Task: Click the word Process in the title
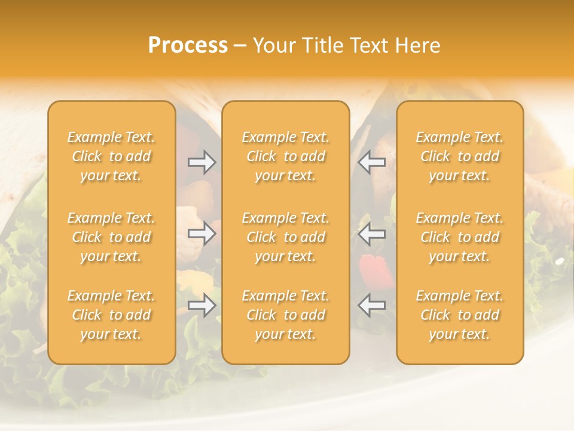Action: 188,45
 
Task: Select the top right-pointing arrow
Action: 202,162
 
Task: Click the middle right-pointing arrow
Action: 202,233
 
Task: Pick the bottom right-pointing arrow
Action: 202,306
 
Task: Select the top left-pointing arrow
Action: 371,162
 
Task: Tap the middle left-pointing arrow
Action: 371,233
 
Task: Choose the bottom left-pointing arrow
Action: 371,306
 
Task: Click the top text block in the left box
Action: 111,156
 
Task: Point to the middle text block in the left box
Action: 111,237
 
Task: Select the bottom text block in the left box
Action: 111,315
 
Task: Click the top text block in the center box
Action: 285,156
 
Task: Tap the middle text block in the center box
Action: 285,237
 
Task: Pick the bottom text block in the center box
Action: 285,315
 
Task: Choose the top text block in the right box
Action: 459,156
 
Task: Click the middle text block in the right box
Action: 459,237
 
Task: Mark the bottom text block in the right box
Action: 459,315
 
